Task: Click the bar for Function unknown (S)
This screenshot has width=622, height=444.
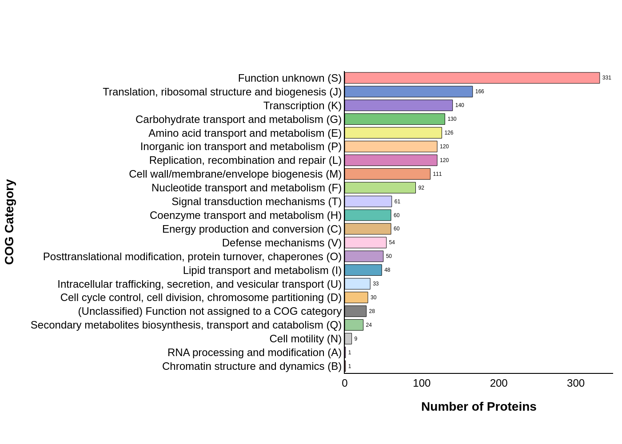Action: pyautogui.click(x=472, y=78)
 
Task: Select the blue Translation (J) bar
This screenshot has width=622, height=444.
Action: pyautogui.click(x=408, y=92)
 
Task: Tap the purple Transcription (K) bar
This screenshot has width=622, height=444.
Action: pyautogui.click(x=399, y=106)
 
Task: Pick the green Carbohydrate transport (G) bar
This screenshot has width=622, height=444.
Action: pyautogui.click(x=395, y=119)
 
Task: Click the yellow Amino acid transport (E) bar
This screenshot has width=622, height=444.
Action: pyautogui.click(x=393, y=133)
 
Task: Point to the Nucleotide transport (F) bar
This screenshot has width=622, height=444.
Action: pyautogui.click(x=380, y=188)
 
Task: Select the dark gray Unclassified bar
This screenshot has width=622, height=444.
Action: pyautogui.click(x=355, y=311)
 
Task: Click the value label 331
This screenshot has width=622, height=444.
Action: pyautogui.click(x=606, y=78)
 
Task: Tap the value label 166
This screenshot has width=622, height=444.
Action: pyautogui.click(x=479, y=92)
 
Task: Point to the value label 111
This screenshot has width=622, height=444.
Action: pyautogui.click(x=437, y=174)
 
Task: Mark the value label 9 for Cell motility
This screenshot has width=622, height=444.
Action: pyautogui.click(x=355, y=339)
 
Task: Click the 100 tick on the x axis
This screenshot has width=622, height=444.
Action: pyautogui.click(x=422, y=383)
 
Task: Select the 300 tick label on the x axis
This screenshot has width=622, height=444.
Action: pyautogui.click(x=576, y=383)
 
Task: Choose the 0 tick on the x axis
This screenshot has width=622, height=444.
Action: pyautogui.click(x=345, y=383)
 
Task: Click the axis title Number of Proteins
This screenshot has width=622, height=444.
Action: pyautogui.click(x=478, y=407)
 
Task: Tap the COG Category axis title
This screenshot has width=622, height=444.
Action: pyautogui.click(x=10, y=222)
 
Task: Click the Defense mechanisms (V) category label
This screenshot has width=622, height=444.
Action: pyautogui.click(x=282, y=243)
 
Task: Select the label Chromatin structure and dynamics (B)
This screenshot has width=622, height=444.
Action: pyautogui.click(x=251, y=366)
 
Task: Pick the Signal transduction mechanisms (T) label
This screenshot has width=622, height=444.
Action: pyautogui.click(x=256, y=202)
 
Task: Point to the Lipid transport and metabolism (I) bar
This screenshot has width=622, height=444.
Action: pyautogui.click(x=363, y=270)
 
